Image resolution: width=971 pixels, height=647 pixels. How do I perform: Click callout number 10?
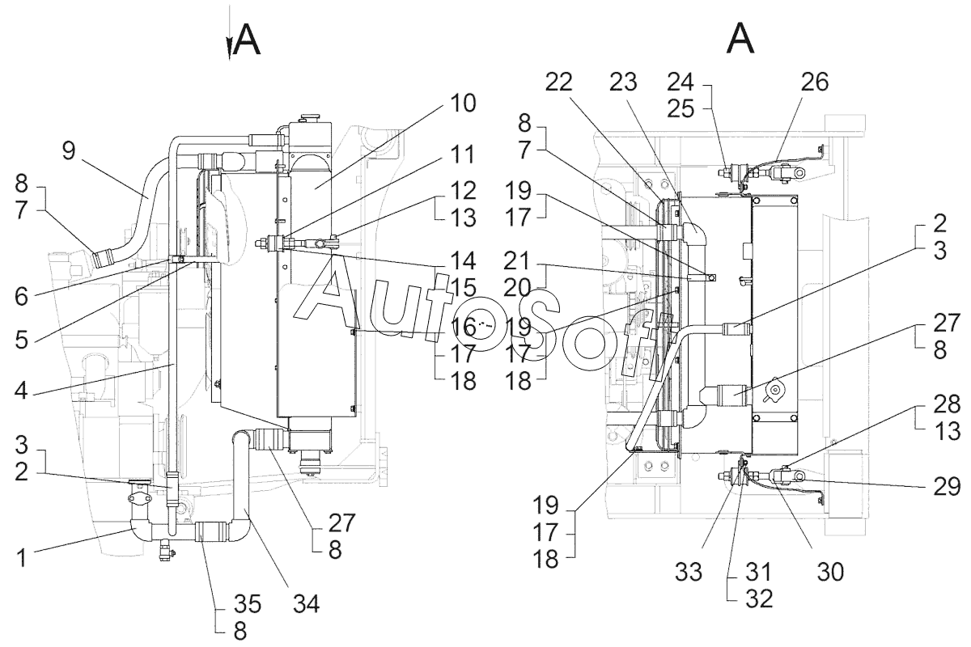463,104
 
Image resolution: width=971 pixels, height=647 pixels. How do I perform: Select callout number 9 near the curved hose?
69,150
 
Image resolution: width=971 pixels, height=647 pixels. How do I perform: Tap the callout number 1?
22,557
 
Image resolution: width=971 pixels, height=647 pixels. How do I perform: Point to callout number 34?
306,604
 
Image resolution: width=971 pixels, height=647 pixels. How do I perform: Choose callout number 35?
248,604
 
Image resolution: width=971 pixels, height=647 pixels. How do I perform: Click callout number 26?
815,82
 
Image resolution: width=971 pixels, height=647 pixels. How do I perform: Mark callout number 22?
559,82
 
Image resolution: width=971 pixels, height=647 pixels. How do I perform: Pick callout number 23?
623,82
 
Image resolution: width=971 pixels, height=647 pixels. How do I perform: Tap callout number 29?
947,487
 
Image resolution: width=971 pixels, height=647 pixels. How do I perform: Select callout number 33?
689,572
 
